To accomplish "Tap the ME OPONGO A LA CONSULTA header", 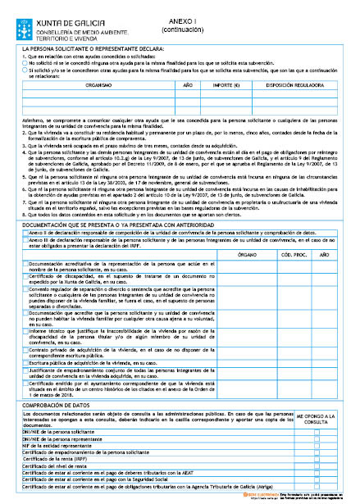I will point(315,419).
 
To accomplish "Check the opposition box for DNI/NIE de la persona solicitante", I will point(315,430).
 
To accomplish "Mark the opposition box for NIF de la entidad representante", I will point(315,444).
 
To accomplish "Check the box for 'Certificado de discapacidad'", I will point(28,279).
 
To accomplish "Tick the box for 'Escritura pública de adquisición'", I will point(28,361).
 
